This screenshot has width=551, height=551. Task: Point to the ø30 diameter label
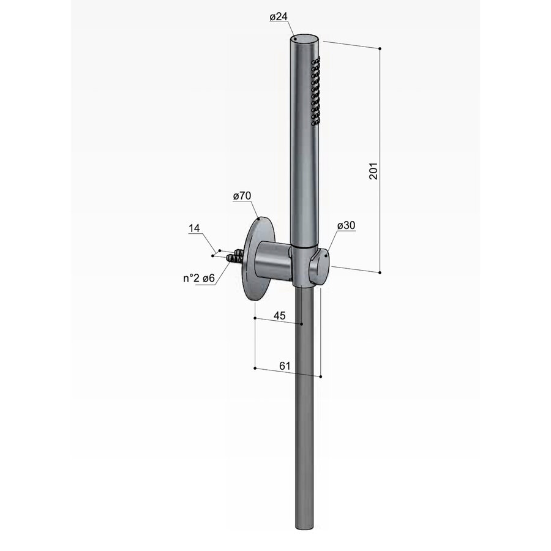click(346, 226)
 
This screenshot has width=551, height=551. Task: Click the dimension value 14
click(194, 228)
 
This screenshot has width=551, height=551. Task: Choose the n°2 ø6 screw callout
click(198, 279)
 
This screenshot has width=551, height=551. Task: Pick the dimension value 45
click(279, 316)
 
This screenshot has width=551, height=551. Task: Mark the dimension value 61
click(285, 365)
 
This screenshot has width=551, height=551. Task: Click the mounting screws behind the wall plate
click(234, 257)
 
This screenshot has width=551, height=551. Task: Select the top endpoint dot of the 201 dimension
click(381, 48)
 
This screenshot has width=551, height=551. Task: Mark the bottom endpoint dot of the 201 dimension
click(381, 272)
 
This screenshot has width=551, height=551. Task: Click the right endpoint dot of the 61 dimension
click(321, 377)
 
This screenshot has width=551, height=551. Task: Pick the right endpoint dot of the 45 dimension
click(302, 324)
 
